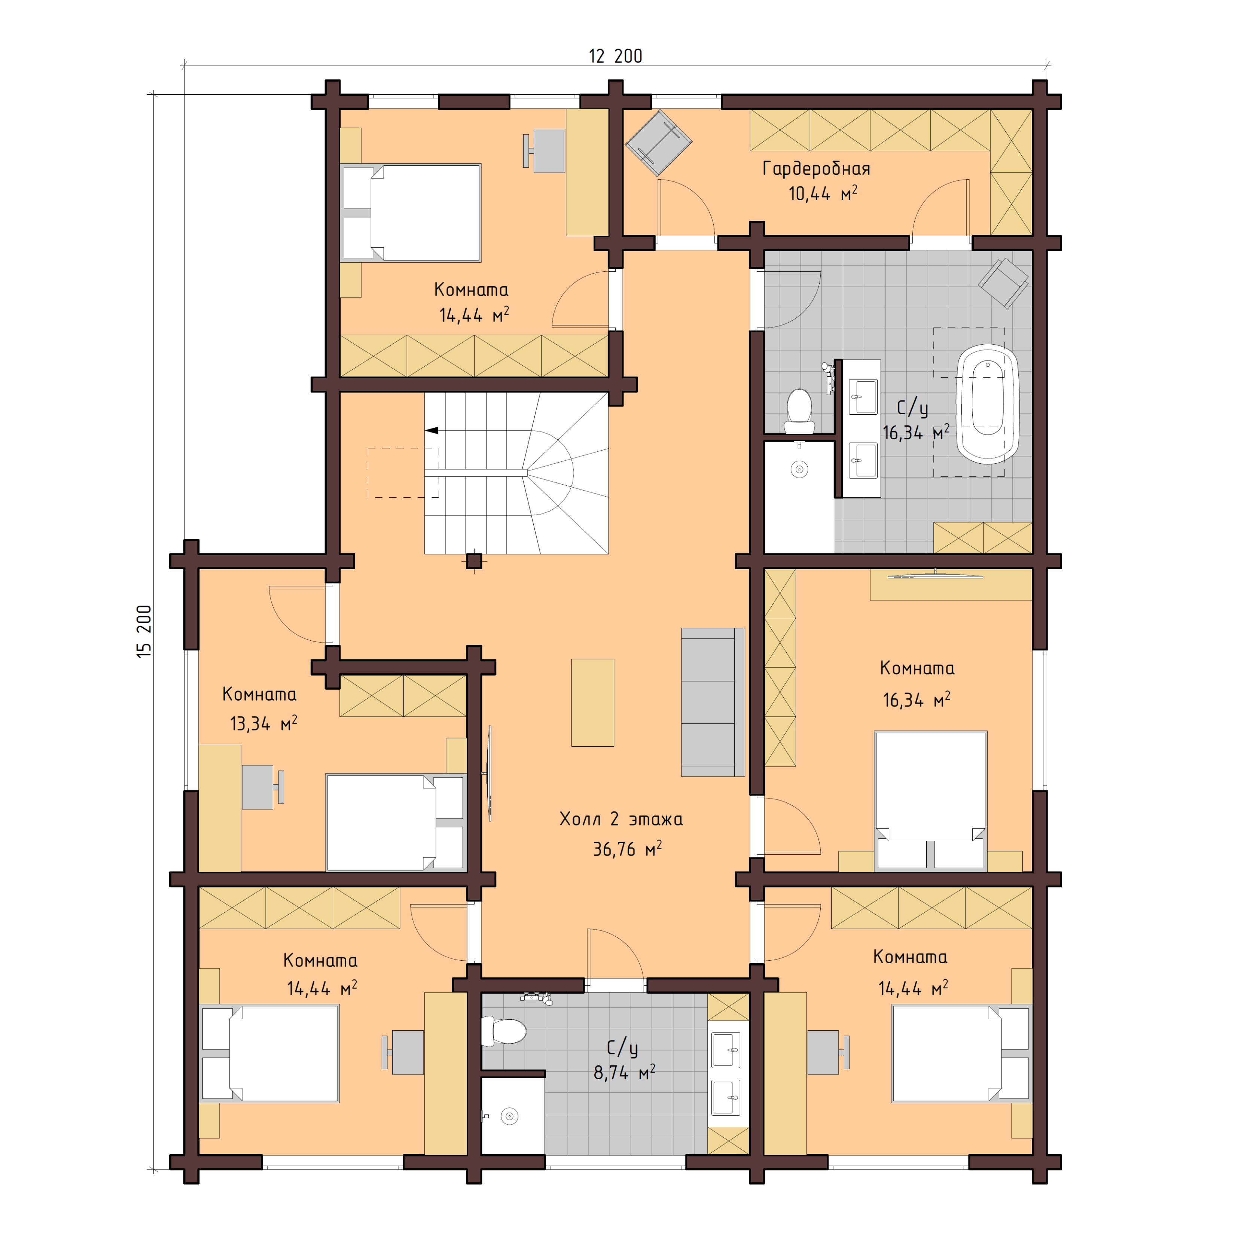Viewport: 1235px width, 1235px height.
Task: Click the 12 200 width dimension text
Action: pyautogui.click(x=615, y=56)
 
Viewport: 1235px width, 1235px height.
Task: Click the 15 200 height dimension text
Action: pyautogui.click(x=144, y=632)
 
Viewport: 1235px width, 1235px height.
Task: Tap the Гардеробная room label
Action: pyautogui.click(x=816, y=169)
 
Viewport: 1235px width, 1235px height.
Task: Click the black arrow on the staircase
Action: pyautogui.click(x=432, y=430)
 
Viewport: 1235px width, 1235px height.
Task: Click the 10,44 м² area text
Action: pyautogui.click(x=822, y=194)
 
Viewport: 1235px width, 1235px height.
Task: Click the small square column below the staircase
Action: pyautogui.click(x=474, y=561)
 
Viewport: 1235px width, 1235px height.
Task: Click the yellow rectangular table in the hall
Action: pyautogui.click(x=592, y=702)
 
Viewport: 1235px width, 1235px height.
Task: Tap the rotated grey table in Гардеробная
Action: pyautogui.click(x=658, y=143)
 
